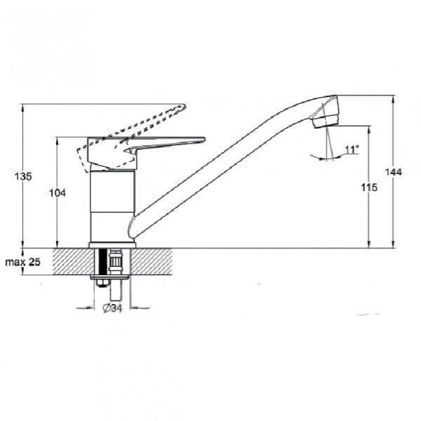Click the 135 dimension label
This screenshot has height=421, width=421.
pos(23,176)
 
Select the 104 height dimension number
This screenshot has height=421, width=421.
pos(57,193)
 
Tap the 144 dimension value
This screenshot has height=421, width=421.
pos(394,172)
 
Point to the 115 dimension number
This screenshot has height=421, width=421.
pos(369,187)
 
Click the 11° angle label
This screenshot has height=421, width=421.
pos(352,149)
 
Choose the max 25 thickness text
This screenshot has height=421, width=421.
pos(23,262)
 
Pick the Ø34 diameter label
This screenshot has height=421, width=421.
pos(112,308)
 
